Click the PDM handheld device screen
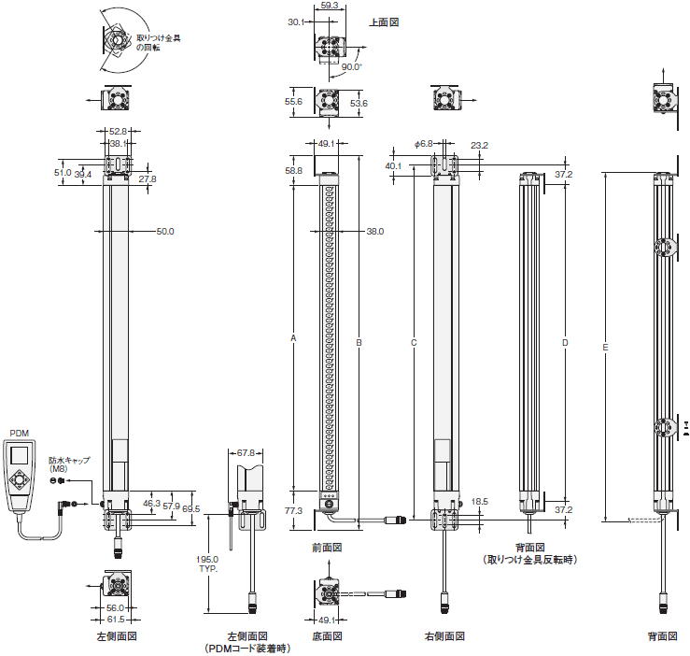(x=19, y=455)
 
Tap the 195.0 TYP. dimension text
(x=208, y=563)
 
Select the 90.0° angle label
(x=352, y=66)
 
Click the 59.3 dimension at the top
(x=330, y=6)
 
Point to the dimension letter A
(x=293, y=338)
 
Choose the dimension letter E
(x=605, y=348)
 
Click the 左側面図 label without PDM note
(x=117, y=636)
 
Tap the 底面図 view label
(x=327, y=636)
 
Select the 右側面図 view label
(x=444, y=636)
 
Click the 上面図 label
(x=384, y=22)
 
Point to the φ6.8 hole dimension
(x=423, y=144)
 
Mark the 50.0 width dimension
(x=165, y=232)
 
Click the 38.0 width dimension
(x=375, y=232)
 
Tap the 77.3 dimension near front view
(x=293, y=510)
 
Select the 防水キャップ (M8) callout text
(x=69, y=464)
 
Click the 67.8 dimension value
(x=246, y=453)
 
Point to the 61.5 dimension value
(x=116, y=620)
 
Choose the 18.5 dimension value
(x=479, y=502)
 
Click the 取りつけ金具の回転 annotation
(x=158, y=43)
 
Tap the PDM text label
(x=20, y=434)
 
